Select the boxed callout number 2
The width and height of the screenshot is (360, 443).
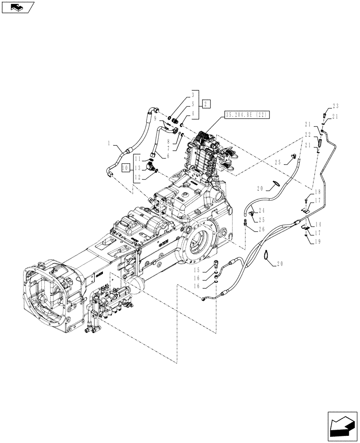207,104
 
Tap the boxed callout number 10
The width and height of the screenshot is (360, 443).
125,168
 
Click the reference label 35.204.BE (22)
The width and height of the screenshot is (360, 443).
247,115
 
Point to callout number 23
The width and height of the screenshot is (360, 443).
335,106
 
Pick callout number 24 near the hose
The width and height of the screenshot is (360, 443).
261,210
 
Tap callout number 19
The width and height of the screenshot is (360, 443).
317,241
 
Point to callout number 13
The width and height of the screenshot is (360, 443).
137,168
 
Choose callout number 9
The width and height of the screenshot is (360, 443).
155,118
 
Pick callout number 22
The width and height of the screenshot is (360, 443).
307,135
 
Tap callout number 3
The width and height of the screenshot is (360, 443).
193,95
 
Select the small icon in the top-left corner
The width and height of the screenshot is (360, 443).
18,7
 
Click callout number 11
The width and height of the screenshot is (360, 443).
137,158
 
